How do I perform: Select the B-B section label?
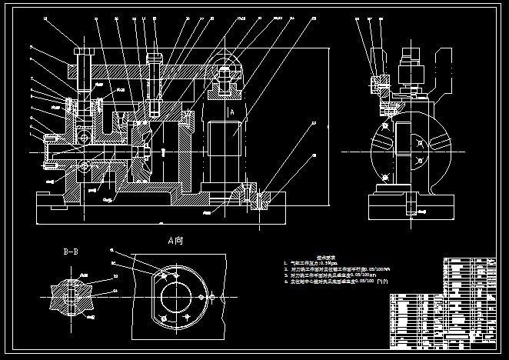(73, 251)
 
